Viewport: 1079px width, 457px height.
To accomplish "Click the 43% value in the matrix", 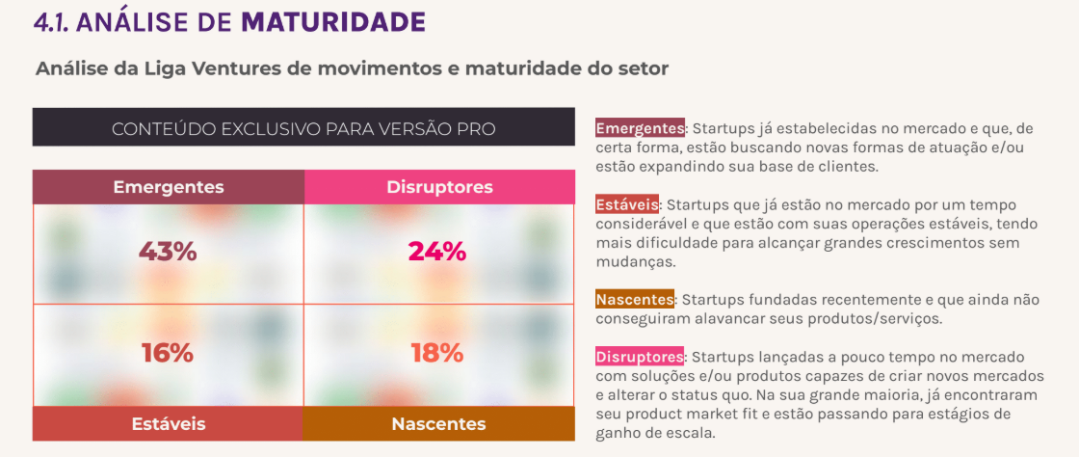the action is point(168,252).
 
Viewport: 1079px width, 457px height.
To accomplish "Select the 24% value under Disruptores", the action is point(437,252).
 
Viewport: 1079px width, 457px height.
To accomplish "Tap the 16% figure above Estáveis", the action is point(168,353).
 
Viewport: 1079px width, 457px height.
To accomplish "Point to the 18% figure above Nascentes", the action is point(437,353).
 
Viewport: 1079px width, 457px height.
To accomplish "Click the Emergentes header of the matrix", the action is point(169,187).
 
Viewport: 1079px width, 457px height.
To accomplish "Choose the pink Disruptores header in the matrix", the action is point(439,187).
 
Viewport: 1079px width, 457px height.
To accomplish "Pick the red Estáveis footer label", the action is point(168,423).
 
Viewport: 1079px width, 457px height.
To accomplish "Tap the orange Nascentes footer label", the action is point(438,423).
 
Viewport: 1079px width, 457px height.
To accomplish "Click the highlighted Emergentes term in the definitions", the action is point(641,128).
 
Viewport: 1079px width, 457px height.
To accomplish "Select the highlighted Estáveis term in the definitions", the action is point(627,205).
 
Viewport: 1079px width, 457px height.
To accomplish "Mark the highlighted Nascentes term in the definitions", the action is point(635,300).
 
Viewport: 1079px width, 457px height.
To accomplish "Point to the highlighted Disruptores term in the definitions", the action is point(640,357).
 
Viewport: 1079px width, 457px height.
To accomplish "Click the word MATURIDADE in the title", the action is point(333,22).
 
